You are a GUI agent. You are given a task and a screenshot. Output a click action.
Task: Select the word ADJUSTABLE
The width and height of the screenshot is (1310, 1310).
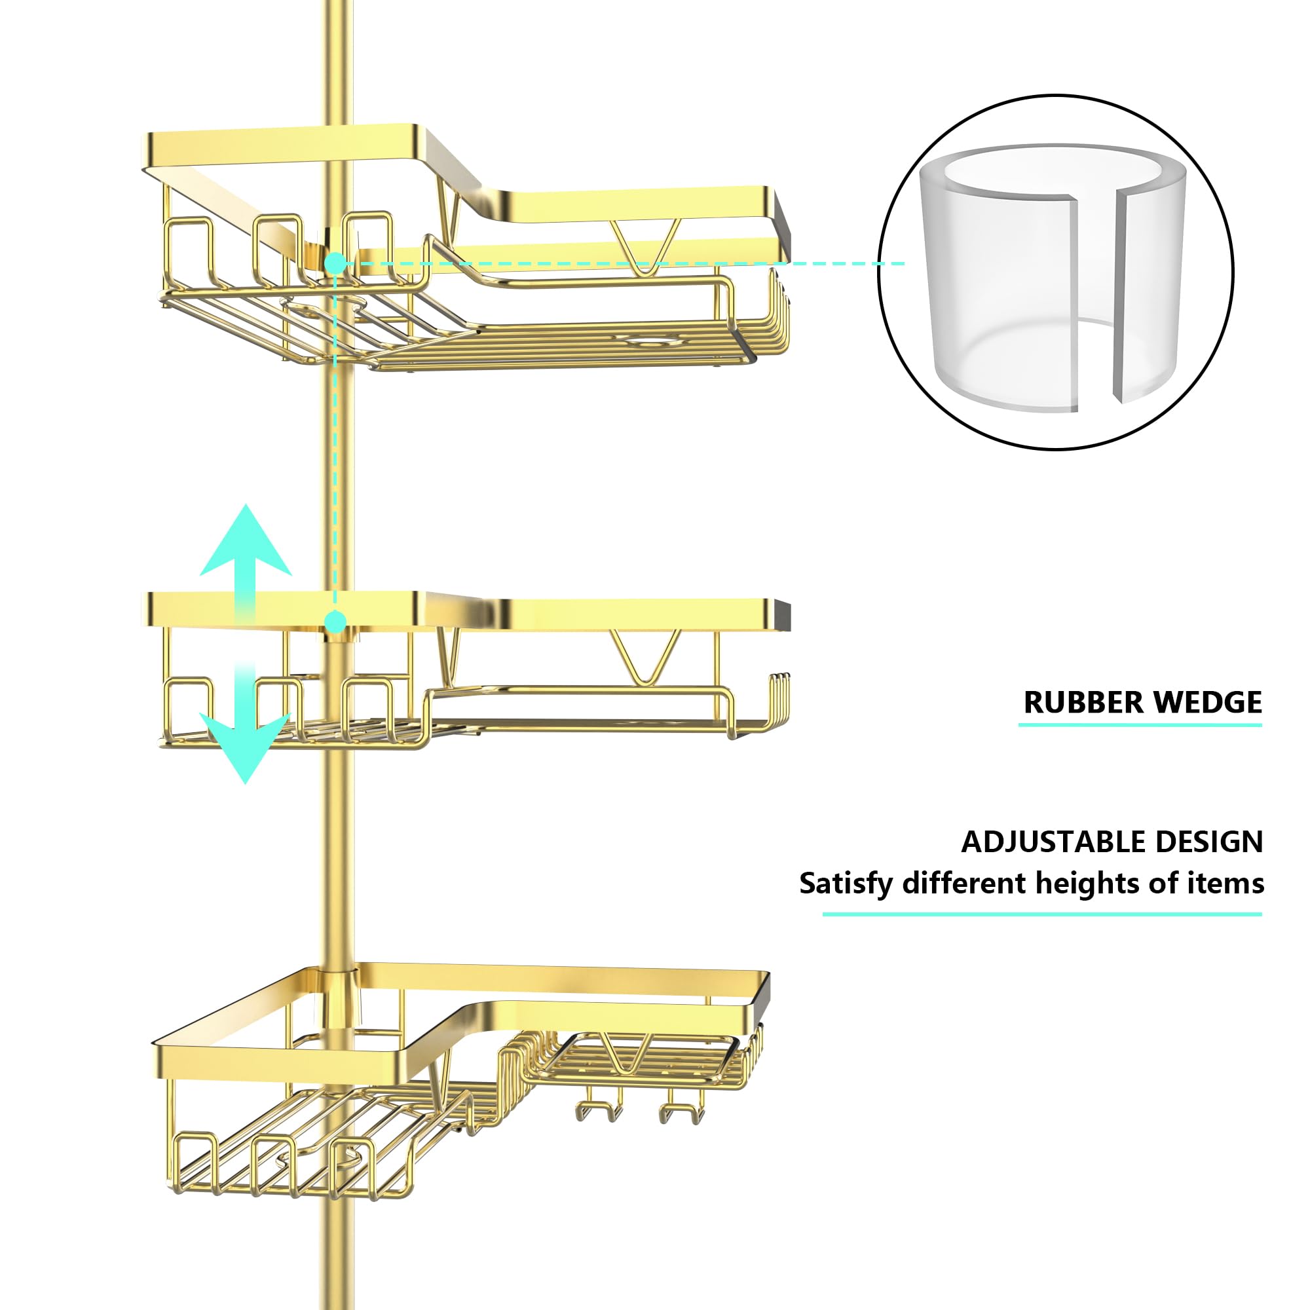[1053, 842]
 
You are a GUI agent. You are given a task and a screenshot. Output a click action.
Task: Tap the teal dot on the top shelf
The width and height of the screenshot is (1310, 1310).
[335, 263]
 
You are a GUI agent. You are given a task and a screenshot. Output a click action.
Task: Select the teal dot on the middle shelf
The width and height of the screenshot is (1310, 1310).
[335, 621]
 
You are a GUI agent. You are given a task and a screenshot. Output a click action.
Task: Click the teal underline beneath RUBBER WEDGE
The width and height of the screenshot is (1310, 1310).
[1140, 725]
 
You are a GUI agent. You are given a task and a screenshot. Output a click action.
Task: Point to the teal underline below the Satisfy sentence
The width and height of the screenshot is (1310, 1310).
[1042, 914]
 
